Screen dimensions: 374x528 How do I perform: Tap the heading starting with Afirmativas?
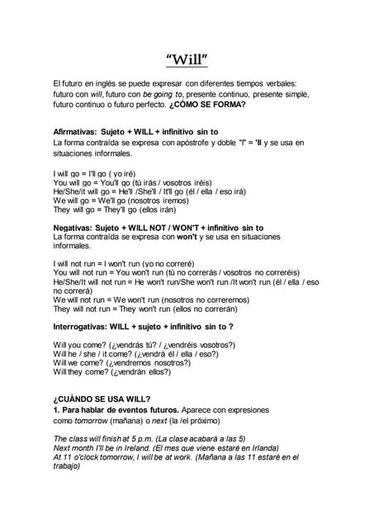pos(135,131)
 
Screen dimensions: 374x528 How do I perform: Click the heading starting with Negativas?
pos(158,228)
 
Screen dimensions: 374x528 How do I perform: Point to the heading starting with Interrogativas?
pos(143,327)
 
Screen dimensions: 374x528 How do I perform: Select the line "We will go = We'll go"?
pos(120,200)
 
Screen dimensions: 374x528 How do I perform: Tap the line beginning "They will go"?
pos(114,210)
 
